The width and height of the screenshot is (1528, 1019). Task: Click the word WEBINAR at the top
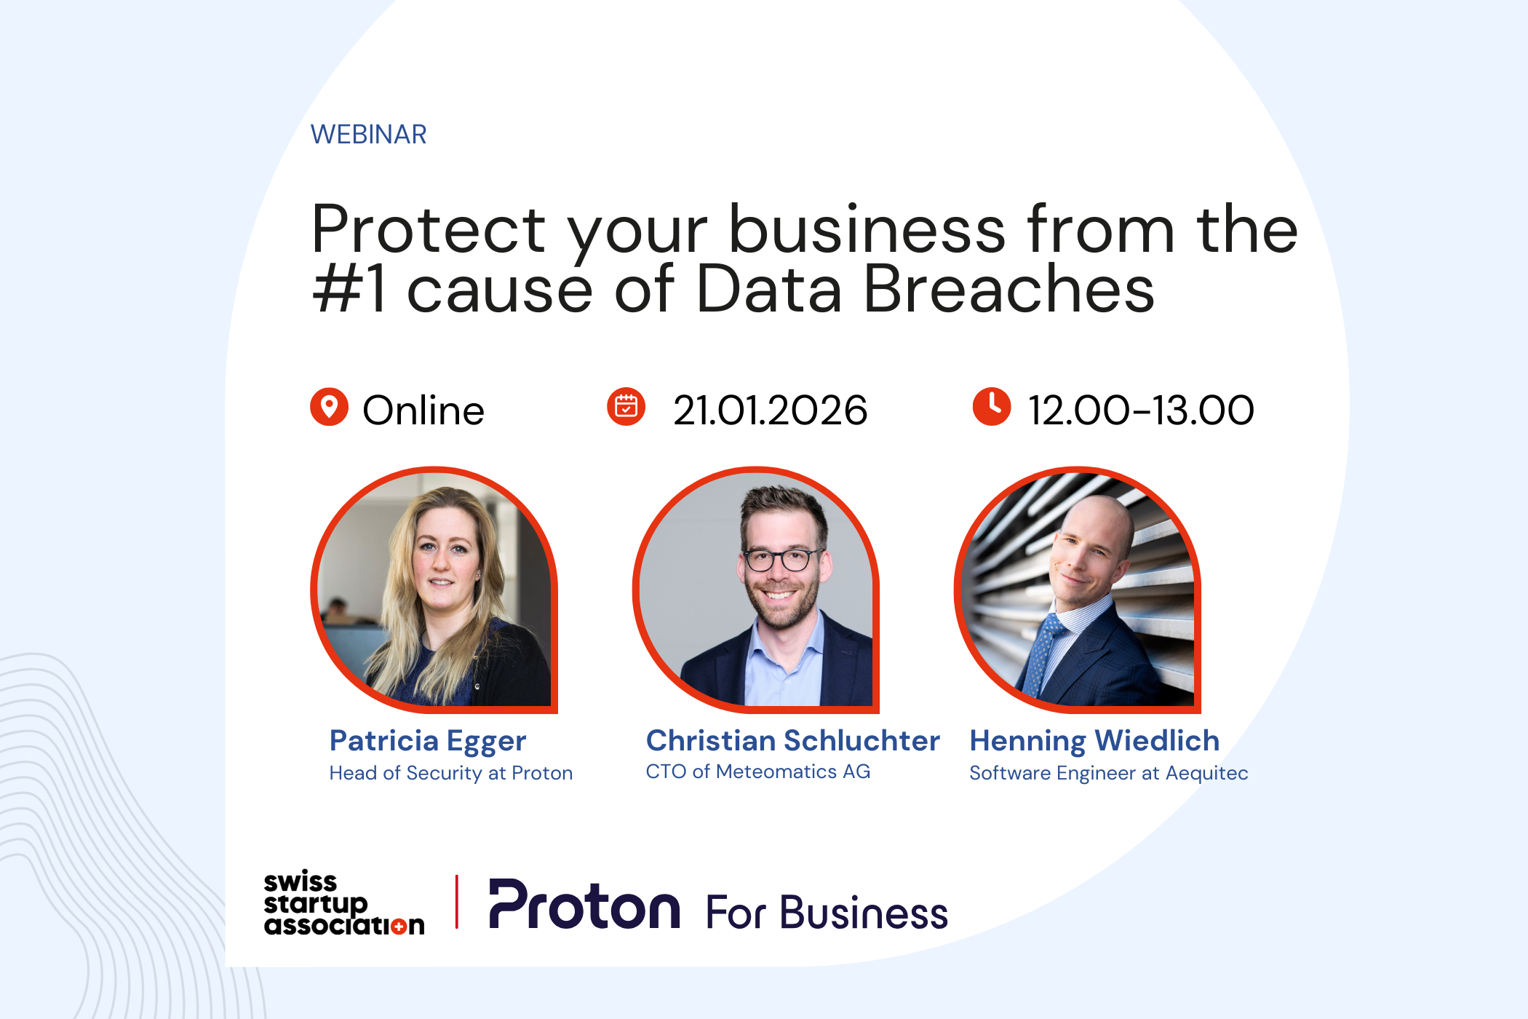pos(368,135)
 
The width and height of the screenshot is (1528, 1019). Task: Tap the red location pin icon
pos(329,406)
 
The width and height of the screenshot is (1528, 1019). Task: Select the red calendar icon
pos(626,406)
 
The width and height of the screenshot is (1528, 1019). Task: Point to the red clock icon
pos(991,406)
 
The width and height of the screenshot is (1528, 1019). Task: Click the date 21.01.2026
pos(770,411)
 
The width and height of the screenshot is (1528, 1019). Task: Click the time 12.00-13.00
pos(1140,411)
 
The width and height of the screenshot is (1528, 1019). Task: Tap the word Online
pos(423,411)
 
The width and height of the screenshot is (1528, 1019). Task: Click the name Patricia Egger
pos(427,741)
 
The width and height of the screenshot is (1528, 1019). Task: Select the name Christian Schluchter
pos(792,741)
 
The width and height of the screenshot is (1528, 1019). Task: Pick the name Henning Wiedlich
pos(1094,741)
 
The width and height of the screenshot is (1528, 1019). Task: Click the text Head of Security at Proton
pos(450,773)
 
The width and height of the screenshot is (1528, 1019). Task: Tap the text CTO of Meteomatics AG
pos(757,772)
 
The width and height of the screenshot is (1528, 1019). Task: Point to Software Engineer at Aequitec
pos(1108,773)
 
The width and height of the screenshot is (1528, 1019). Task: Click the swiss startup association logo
pos(343,903)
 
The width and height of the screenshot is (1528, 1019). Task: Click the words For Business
pos(827,913)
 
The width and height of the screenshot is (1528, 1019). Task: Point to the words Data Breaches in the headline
pos(924,290)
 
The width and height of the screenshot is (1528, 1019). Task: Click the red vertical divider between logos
pos(456,902)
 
